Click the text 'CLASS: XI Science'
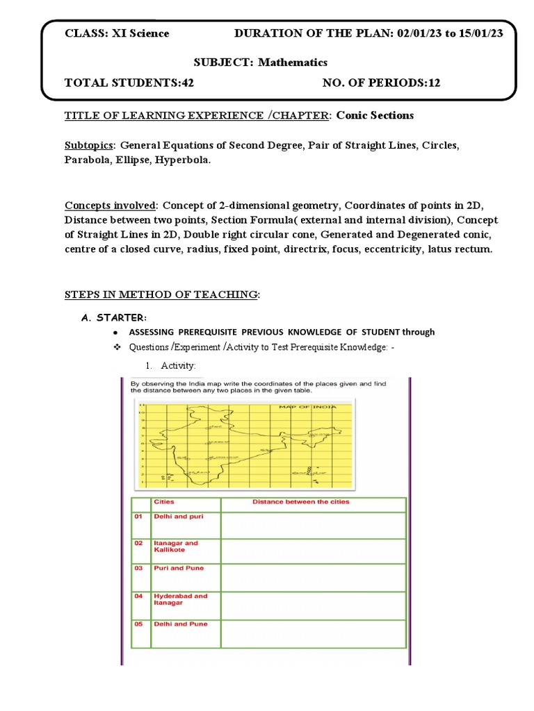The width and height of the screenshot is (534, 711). [117, 33]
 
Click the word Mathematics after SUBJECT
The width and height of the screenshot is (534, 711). [293, 62]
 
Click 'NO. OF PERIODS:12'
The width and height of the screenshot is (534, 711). [381, 83]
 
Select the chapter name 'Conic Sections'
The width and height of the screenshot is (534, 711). [375, 115]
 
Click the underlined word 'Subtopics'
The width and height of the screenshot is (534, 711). [89, 146]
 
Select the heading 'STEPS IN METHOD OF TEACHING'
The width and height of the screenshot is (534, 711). [161, 295]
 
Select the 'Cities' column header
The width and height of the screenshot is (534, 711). [165, 501]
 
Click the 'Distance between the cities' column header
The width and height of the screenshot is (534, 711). [300, 501]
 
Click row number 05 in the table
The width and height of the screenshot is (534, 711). [138, 624]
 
